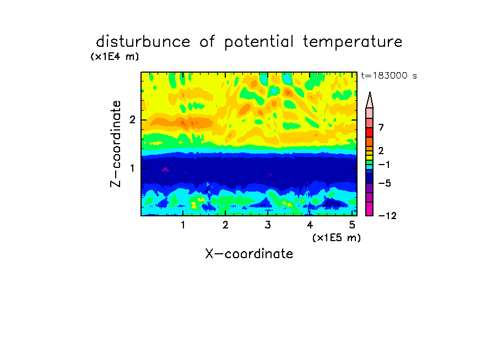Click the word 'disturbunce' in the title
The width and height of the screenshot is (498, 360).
[x=143, y=42]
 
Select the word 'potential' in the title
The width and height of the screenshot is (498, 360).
[x=259, y=42]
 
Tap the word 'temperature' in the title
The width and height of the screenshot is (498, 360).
[x=353, y=42]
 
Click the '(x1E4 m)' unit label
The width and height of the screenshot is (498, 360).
[x=115, y=57]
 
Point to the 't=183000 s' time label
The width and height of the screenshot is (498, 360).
[x=389, y=75]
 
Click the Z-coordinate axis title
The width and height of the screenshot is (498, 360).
[x=116, y=144]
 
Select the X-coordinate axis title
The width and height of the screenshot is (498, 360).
[x=249, y=254]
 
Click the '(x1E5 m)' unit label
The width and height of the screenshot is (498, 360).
[x=337, y=237]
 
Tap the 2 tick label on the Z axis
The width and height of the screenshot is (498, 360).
[x=132, y=119]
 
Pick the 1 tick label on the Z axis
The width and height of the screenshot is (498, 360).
[x=132, y=168]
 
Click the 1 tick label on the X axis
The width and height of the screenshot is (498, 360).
[x=183, y=225]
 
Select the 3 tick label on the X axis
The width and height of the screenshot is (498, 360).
[x=268, y=225]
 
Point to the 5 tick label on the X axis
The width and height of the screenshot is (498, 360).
[x=352, y=225]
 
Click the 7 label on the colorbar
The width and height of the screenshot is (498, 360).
[x=381, y=127]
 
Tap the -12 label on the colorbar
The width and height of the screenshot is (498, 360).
[x=387, y=216]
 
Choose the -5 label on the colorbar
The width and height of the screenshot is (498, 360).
[x=385, y=183]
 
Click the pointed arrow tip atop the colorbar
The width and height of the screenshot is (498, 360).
[x=370, y=92]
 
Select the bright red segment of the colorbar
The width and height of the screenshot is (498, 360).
[x=370, y=132]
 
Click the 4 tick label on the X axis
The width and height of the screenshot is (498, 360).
[x=310, y=225]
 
